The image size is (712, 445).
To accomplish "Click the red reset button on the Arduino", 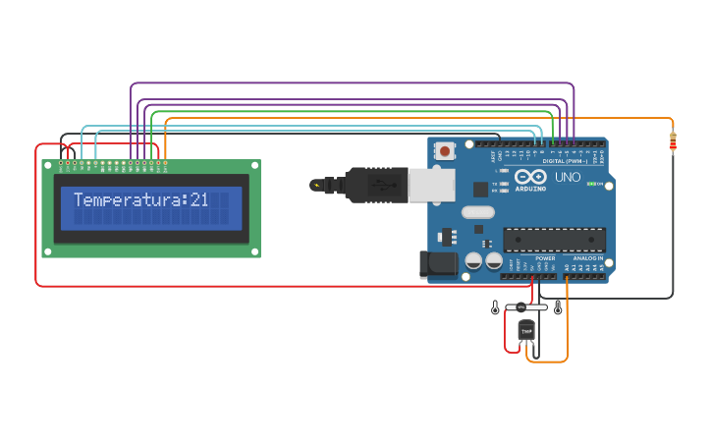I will (x=446, y=151).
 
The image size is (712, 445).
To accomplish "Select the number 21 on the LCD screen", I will (x=199, y=200).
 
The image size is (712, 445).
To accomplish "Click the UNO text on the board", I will (x=568, y=178).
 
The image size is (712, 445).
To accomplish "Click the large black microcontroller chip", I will (x=554, y=240).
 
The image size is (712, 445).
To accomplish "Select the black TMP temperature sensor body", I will (x=526, y=331).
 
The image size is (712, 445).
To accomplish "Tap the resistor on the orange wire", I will (x=673, y=142).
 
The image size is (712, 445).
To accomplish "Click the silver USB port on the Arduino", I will (x=431, y=185).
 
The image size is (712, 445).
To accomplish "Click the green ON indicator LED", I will (x=592, y=184).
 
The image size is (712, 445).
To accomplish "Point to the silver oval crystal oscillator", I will (x=476, y=212).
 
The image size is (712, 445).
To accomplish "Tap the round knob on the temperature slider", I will (x=521, y=307).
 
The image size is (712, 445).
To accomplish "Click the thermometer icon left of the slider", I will (x=495, y=308).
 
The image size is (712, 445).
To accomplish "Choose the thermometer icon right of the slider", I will (x=558, y=308).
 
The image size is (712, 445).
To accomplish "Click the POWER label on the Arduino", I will (x=545, y=258).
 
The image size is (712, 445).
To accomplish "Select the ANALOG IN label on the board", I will (x=588, y=258).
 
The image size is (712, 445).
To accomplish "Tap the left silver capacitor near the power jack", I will (x=473, y=260).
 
